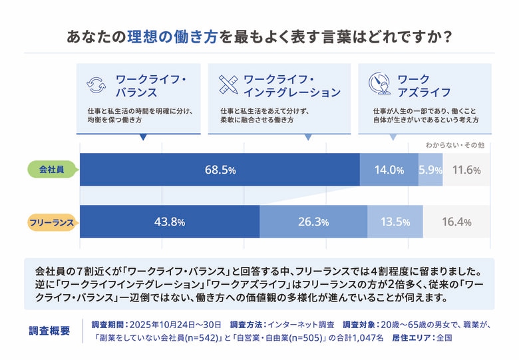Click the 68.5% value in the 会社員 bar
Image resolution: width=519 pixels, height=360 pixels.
pyautogui.click(x=220, y=170)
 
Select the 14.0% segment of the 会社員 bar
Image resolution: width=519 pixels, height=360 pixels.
pyautogui.click(x=389, y=170)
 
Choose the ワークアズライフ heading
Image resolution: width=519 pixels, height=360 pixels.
pyautogui.click(x=423, y=85)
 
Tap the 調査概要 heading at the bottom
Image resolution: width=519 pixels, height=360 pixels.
pyautogui.click(x=50, y=331)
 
